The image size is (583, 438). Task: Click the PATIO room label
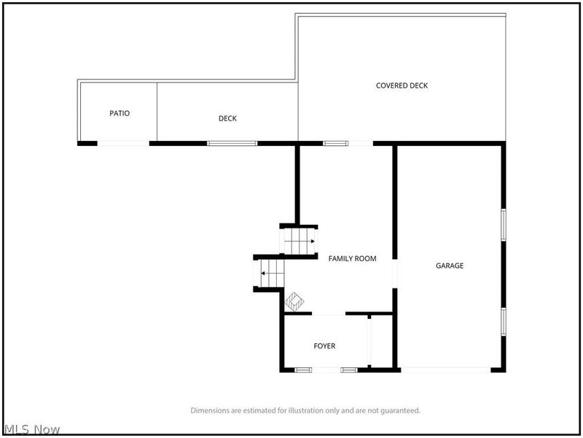(x=120, y=113)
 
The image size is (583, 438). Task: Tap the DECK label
(x=227, y=118)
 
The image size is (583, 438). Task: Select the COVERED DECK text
(x=402, y=85)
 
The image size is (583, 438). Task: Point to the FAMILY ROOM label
(x=352, y=258)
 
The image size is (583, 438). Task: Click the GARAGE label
(x=450, y=266)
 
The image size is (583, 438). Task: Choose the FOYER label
(x=324, y=346)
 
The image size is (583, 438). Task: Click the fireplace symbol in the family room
(x=294, y=301)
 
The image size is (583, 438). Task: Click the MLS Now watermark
(x=31, y=430)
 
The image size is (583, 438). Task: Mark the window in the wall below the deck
(x=232, y=143)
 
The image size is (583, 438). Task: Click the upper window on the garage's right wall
(x=504, y=225)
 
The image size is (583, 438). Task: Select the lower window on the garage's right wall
(x=504, y=322)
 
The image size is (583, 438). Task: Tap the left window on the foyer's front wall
(x=303, y=370)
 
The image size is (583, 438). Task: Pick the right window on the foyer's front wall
(x=349, y=370)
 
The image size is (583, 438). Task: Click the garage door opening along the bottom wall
(x=445, y=370)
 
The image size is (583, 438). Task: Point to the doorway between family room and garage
(x=395, y=273)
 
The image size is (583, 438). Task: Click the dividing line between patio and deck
(x=157, y=112)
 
